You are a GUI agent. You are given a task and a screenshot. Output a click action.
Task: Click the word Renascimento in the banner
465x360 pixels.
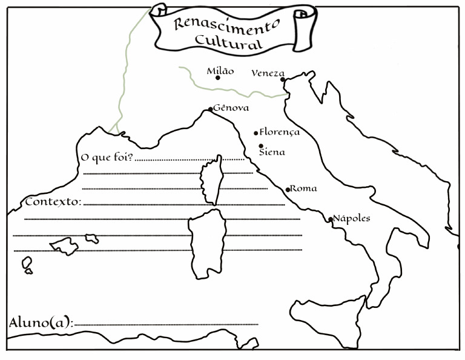click(x=225, y=23)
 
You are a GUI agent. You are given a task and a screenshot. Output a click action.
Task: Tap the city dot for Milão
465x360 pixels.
click(x=217, y=78)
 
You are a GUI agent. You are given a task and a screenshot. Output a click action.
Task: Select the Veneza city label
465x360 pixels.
click(x=267, y=73)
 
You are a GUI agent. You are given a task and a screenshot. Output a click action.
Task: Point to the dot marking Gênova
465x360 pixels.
click(x=211, y=109)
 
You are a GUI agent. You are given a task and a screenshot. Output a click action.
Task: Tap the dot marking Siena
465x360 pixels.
click(x=261, y=146)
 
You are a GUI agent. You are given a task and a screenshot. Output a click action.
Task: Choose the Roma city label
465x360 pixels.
click(x=303, y=188)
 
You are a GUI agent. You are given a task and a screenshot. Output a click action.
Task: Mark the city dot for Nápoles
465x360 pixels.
click(x=331, y=219)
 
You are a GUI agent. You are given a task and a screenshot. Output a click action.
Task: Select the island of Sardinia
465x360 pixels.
click(x=207, y=239)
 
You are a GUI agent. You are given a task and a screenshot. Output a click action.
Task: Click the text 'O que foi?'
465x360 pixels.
click(x=107, y=158)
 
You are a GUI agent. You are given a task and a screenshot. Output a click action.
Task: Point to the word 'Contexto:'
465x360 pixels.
click(x=53, y=201)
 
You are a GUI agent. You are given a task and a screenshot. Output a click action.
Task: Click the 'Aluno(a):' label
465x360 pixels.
click(x=41, y=322)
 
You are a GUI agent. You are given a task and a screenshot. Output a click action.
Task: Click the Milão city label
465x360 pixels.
click(x=220, y=71)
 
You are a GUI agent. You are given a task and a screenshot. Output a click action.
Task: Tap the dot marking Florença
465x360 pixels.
click(x=256, y=133)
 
